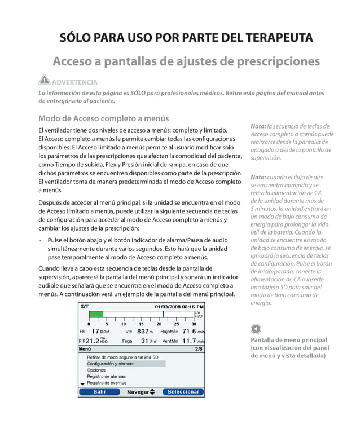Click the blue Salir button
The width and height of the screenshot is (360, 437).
(x=99, y=392)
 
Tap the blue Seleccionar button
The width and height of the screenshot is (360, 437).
(x=183, y=392)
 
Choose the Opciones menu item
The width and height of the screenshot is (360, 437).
(x=96, y=370)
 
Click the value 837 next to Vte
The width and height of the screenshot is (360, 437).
(x=143, y=332)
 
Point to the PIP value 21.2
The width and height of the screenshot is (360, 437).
(x=93, y=341)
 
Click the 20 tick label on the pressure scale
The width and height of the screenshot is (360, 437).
(x=159, y=324)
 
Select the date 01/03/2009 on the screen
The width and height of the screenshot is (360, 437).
(x=168, y=306)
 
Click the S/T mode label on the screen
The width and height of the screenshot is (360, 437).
(x=85, y=306)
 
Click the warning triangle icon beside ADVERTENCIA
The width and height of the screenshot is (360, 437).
(x=44, y=81)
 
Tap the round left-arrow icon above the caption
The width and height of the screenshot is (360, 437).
(x=256, y=329)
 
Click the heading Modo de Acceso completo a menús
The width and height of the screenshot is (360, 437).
(x=103, y=118)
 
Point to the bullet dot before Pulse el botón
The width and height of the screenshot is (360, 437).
(x=41, y=241)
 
